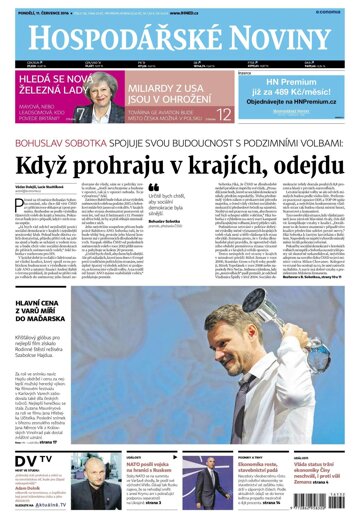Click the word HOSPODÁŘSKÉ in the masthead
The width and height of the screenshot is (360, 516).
pos(120,41)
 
